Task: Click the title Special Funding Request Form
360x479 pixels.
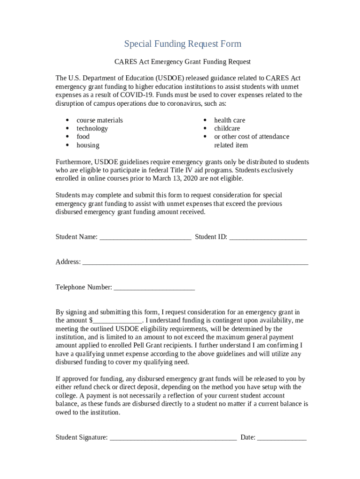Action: pyautogui.click(x=183, y=44)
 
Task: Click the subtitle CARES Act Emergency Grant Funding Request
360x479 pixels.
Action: pyautogui.click(x=183, y=62)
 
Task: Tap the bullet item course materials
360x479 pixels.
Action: pyautogui.click(x=100, y=120)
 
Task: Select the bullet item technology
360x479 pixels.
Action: pyautogui.click(x=92, y=129)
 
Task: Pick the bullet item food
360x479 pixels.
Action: pyautogui.click(x=83, y=137)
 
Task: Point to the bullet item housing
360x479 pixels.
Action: pyautogui.click(x=88, y=145)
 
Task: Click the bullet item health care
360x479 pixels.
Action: pyautogui.click(x=230, y=120)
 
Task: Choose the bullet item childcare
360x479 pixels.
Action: pyautogui.click(x=227, y=129)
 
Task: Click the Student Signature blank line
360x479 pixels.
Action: pyautogui.click(x=173, y=439)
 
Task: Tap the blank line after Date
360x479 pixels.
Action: pyautogui.click(x=281, y=439)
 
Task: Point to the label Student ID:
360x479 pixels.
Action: pyautogui.click(x=211, y=237)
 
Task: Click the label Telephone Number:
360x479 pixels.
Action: pyautogui.click(x=84, y=287)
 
